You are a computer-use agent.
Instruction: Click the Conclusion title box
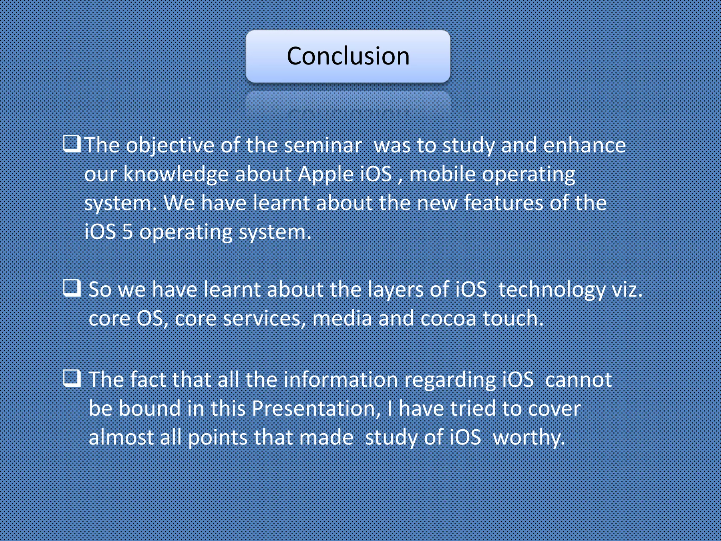coord(348,56)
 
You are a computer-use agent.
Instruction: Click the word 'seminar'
coord(322,146)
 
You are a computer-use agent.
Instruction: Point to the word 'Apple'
coord(325,175)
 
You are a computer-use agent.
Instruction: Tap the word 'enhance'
coord(584,146)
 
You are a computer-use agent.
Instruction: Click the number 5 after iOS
coord(127,232)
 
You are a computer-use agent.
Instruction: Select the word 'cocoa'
coord(448,319)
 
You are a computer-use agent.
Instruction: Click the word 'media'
coord(342,319)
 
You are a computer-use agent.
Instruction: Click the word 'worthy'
coord(528,438)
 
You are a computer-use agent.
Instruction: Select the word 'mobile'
coord(442,175)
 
